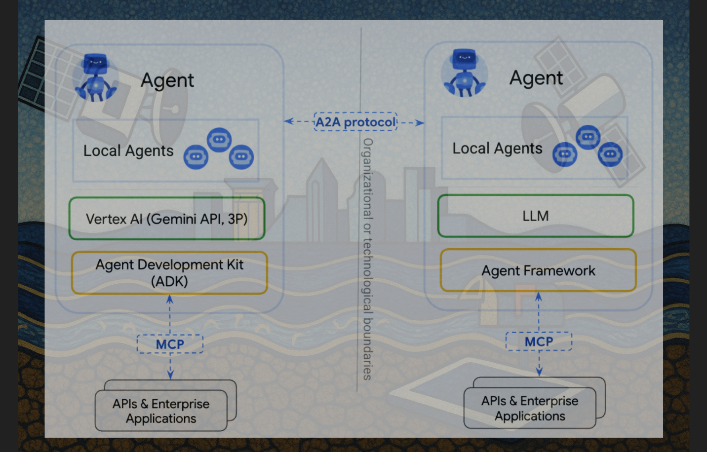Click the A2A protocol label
click(355, 122)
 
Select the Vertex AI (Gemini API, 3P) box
click(167, 218)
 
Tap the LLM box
click(536, 216)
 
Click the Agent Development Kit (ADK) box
click(169, 272)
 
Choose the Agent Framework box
click(538, 270)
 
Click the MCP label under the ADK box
click(170, 344)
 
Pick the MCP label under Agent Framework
click(539, 341)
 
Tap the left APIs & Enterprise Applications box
click(161, 411)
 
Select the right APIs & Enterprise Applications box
click(530, 408)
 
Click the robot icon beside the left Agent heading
click(96, 78)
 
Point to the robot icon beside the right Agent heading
click(464, 73)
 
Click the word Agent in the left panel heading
click(167, 80)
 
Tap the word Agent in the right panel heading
click(536, 78)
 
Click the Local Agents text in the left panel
click(128, 151)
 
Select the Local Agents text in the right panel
click(497, 148)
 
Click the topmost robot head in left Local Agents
click(219, 140)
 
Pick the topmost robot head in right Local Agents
click(588, 137)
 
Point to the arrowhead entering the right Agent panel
click(420, 123)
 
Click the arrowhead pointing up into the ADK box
click(170, 300)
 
